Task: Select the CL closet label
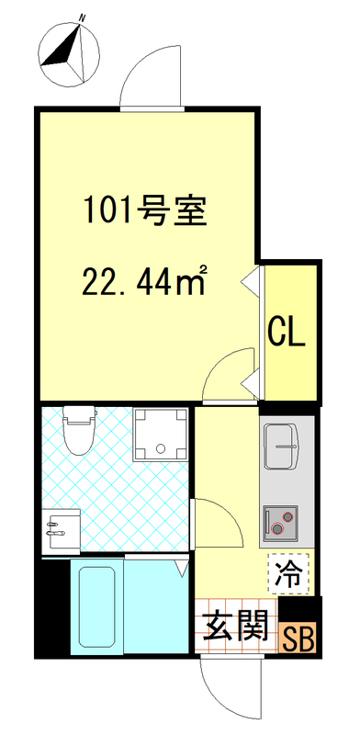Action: tap(286, 332)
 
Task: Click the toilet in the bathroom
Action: tap(78, 430)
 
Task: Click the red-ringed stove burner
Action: tap(279, 526)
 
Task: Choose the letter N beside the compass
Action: tap(83, 17)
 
